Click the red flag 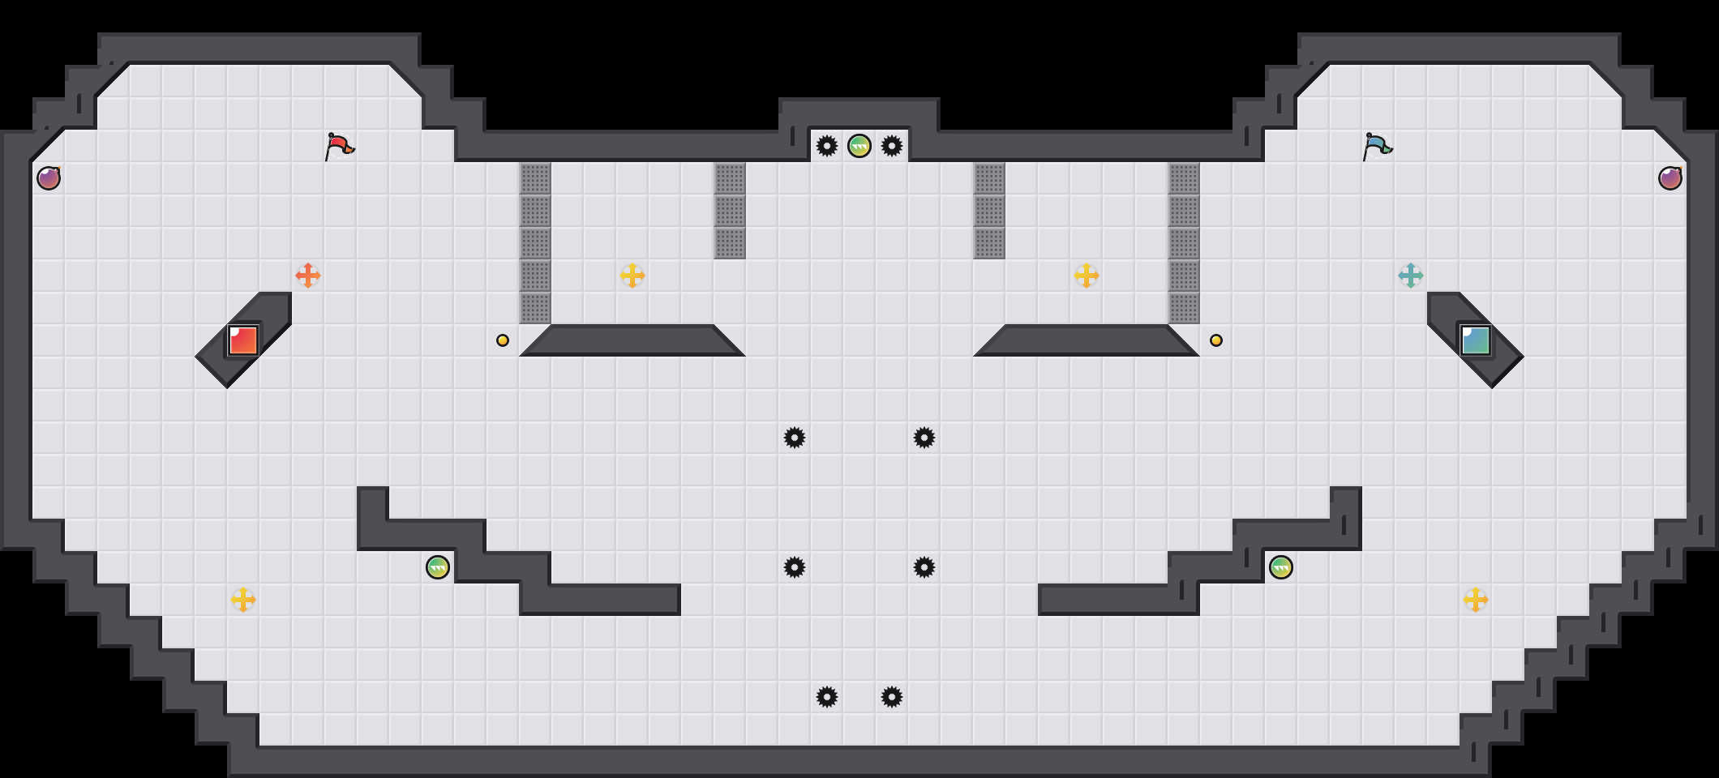tap(339, 146)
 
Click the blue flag tap(1377, 146)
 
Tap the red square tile tap(243, 340)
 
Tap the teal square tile tap(1476, 340)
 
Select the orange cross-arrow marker tap(308, 276)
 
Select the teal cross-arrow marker tap(1411, 276)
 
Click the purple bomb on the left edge tap(49, 178)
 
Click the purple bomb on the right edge tap(1670, 178)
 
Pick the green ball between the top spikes tap(859, 146)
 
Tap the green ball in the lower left tap(438, 567)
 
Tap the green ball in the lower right tap(1281, 567)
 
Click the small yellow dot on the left tap(503, 340)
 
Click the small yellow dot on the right tap(1216, 340)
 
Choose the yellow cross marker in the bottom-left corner tap(243, 600)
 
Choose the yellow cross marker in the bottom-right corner tap(1476, 600)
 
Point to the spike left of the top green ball tap(827, 146)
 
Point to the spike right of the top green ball tap(892, 146)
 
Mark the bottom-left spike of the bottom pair tap(827, 697)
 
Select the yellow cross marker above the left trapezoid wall tap(632, 276)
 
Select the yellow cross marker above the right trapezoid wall tap(1087, 276)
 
